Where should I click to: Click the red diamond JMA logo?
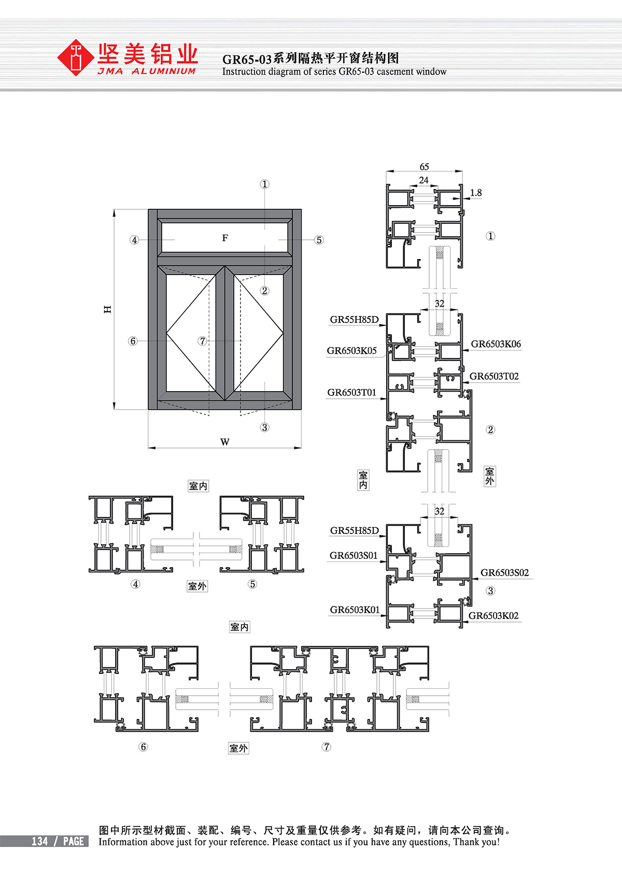click(76, 57)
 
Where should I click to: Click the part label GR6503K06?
click(496, 344)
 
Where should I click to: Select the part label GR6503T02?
click(494, 377)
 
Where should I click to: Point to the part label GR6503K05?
click(351, 351)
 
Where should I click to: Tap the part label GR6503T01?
click(351, 393)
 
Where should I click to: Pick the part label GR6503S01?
click(354, 556)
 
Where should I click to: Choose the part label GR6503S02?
click(504, 572)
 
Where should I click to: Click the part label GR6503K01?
click(355, 610)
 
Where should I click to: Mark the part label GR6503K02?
click(493, 616)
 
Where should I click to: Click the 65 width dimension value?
click(424, 167)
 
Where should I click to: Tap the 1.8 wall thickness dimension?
click(476, 193)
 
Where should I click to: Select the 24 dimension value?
click(423, 180)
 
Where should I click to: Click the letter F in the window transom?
click(225, 238)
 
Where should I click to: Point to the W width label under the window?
click(224, 442)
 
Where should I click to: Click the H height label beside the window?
click(107, 309)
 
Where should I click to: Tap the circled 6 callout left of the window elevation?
click(133, 341)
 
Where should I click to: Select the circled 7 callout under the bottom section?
click(327, 747)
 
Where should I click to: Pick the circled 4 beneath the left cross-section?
click(135, 584)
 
